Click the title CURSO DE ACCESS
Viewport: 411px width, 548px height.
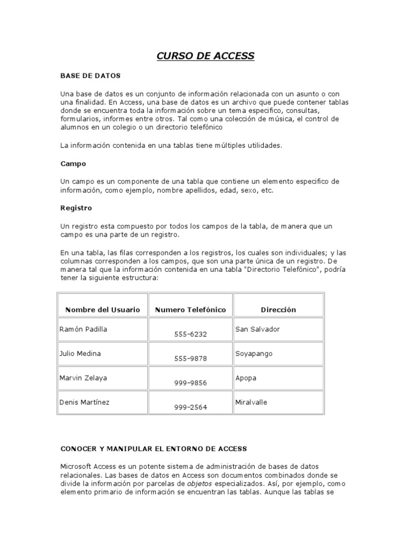click(205, 56)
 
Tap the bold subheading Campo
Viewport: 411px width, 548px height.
click(73, 164)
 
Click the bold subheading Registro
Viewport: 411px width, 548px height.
click(76, 208)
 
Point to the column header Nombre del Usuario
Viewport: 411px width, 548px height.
click(103, 310)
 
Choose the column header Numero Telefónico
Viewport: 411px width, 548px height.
click(191, 310)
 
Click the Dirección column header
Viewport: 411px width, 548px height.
click(278, 310)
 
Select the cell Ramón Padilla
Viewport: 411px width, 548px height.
click(83, 329)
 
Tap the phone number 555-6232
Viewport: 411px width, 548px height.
click(191, 334)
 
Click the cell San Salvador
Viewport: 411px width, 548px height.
click(257, 329)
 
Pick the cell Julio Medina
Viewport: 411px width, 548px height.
click(80, 354)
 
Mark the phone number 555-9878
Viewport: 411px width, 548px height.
click(191, 359)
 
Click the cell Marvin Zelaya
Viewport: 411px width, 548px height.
click(83, 378)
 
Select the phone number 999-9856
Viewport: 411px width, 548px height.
click(191, 383)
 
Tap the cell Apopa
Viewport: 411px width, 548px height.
click(246, 378)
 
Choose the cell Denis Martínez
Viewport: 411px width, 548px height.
click(84, 402)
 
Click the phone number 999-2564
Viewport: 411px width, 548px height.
click(191, 407)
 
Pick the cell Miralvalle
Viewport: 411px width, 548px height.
click(252, 402)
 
